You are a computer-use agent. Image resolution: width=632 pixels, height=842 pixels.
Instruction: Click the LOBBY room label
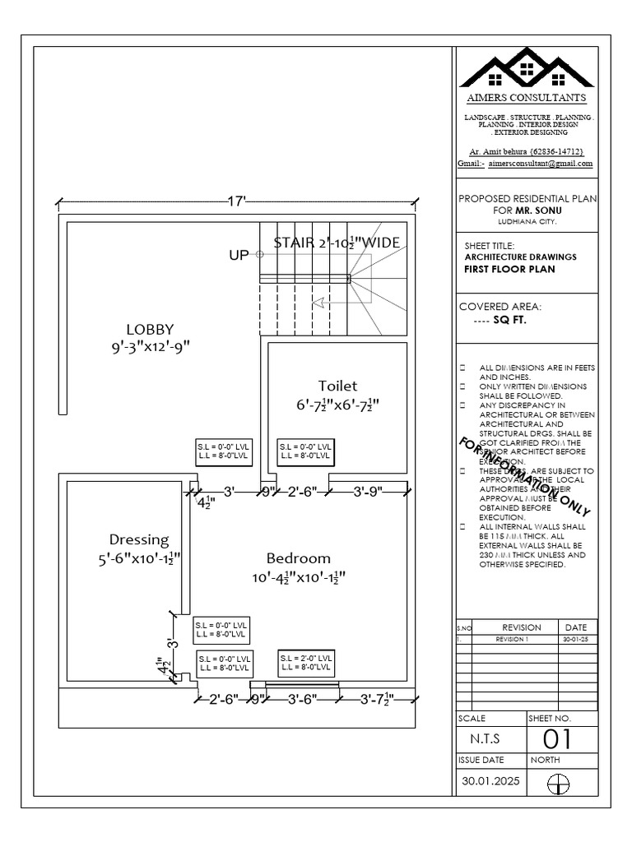[x=150, y=329]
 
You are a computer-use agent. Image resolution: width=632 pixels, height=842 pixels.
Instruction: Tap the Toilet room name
[x=337, y=386]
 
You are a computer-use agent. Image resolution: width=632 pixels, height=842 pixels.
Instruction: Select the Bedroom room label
[x=298, y=558]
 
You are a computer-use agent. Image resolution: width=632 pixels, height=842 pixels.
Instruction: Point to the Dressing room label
[x=139, y=540]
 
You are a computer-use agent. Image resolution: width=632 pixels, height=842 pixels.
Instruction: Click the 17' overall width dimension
[x=237, y=201]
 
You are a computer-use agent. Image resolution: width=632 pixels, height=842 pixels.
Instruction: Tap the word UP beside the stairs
[x=238, y=256]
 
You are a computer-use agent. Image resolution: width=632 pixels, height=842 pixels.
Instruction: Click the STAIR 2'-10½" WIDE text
[x=337, y=243]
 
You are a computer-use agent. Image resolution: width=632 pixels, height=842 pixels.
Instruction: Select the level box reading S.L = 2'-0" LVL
[x=307, y=663]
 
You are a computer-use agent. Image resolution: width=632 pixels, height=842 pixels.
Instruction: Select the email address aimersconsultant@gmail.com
[x=540, y=164]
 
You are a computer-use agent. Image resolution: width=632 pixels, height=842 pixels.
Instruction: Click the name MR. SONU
[x=538, y=210]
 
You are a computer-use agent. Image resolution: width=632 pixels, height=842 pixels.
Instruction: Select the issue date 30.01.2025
[x=491, y=783]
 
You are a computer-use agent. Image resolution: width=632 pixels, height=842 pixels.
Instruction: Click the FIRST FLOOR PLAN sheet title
[x=509, y=269]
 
